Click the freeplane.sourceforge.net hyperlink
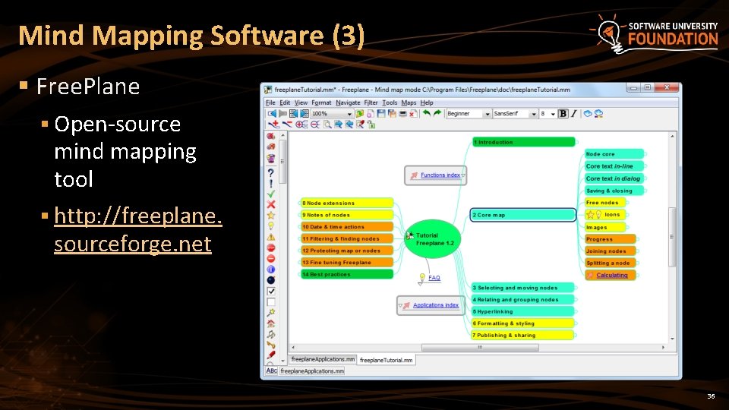point(137,231)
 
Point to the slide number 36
point(711,396)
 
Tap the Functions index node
point(440,175)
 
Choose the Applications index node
point(434,305)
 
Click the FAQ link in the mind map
point(434,278)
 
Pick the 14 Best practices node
point(347,274)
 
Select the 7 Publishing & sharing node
point(522,335)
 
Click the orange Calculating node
point(611,275)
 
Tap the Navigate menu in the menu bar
point(348,102)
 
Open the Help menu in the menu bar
point(427,102)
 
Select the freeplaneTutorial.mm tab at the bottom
point(386,360)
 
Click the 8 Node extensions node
point(347,203)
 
